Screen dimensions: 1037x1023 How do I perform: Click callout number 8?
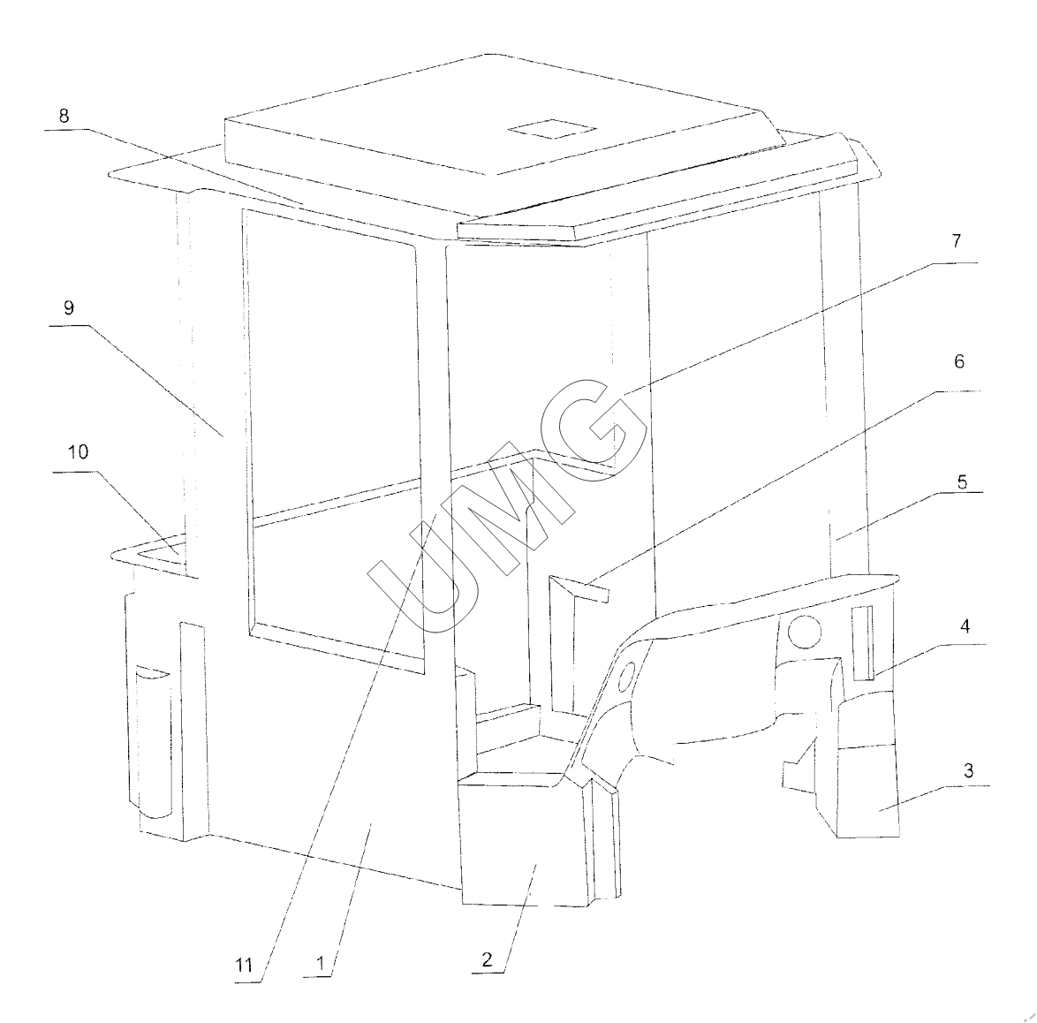coord(64,117)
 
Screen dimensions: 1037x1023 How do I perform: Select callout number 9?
coord(69,308)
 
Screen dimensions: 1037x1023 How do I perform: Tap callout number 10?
coord(78,452)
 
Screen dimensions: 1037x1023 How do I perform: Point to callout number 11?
coord(245,966)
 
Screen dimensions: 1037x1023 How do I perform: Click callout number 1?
coord(322,964)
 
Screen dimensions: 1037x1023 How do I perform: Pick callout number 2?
coord(488,959)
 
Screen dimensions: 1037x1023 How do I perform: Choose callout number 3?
coord(968,770)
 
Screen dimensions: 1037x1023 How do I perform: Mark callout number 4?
coord(965,626)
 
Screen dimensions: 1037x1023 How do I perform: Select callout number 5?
coord(962,482)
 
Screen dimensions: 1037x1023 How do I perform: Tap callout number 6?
coord(959,361)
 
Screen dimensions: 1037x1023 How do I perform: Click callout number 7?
coord(957,240)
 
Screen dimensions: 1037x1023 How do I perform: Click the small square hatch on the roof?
coord(552,129)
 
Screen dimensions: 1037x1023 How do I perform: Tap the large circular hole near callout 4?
coord(804,632)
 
